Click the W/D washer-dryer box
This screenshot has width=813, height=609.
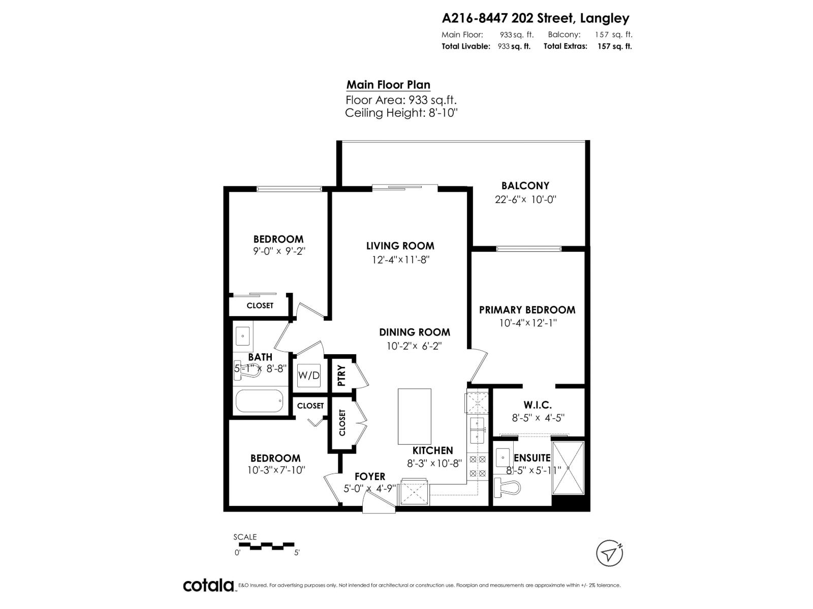(309, 376)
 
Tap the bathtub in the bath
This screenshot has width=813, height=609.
(259, 401)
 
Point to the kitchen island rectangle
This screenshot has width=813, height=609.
(414, 416)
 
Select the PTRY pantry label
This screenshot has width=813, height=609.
(341, 376)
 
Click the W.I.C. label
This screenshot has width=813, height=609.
(538, 405)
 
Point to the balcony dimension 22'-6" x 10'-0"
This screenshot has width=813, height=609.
(525, 199)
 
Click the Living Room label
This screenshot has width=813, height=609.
(400, 246)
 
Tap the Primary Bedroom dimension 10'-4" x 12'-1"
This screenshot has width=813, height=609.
(527, 323)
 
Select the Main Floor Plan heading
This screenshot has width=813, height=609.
(388, 85)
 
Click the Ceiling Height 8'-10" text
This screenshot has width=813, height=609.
(401, 113)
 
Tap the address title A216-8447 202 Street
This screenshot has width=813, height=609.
(536, 18)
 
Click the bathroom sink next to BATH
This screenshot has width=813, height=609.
(243, 336)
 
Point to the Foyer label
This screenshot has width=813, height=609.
(369, 476)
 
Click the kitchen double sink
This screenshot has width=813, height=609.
(478, 429)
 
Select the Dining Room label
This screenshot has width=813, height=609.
(414, 332)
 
